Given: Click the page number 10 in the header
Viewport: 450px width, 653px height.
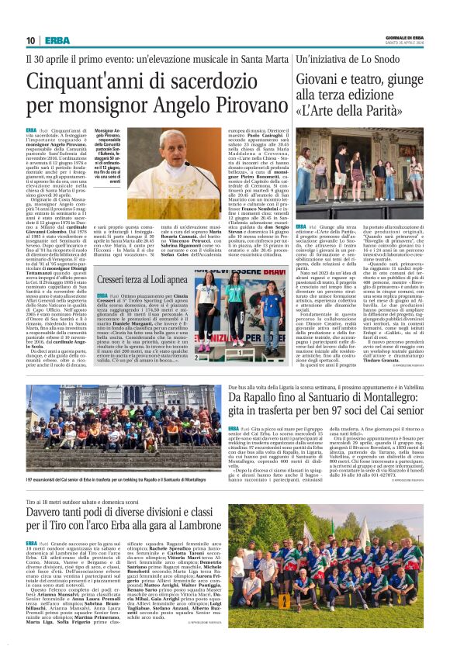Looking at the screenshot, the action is click(31, 40).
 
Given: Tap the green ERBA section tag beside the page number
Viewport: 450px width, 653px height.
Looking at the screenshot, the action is click(56, 40).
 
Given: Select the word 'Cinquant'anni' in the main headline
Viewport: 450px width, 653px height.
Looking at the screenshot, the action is click(80, 81).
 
